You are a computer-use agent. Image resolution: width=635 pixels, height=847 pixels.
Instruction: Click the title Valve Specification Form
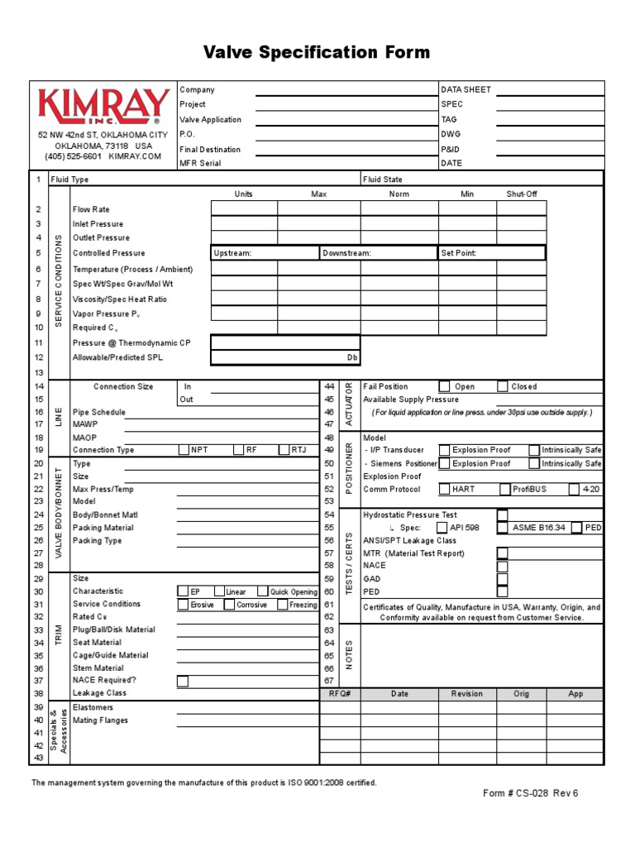tap(317, 53)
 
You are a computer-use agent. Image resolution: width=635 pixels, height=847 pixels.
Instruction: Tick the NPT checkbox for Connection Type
tap(184, 450)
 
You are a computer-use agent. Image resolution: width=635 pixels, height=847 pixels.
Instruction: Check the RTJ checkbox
tap(284, 450)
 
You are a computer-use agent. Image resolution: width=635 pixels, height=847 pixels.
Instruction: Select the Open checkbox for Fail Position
tap(444, 386)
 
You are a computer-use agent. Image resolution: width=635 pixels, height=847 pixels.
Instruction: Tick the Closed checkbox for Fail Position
tap(503, 386)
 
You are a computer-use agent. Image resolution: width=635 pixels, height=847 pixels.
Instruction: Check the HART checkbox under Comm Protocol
tap(444, 489)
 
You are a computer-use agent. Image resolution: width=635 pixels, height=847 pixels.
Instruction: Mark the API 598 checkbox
tap(442, 527)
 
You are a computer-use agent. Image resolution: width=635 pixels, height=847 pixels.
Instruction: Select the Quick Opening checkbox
tap(261, 591)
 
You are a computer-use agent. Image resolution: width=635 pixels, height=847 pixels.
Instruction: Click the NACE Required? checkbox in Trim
tap(183, 681)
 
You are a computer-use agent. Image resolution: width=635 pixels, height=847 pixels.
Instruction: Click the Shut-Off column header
tap(521, 194)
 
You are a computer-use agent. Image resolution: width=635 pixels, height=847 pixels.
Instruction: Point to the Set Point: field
tap(491, 253)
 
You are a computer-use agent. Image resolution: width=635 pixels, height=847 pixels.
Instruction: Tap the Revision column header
tap(467, 694)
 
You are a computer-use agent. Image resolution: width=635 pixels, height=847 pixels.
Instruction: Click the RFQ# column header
tap(340, 694)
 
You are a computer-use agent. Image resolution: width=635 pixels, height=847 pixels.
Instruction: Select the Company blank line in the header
tap(346, 90)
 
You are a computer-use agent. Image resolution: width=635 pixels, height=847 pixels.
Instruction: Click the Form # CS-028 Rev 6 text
tap(531, 792)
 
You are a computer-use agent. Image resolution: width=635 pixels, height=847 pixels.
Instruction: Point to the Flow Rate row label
tap(91, 210)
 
